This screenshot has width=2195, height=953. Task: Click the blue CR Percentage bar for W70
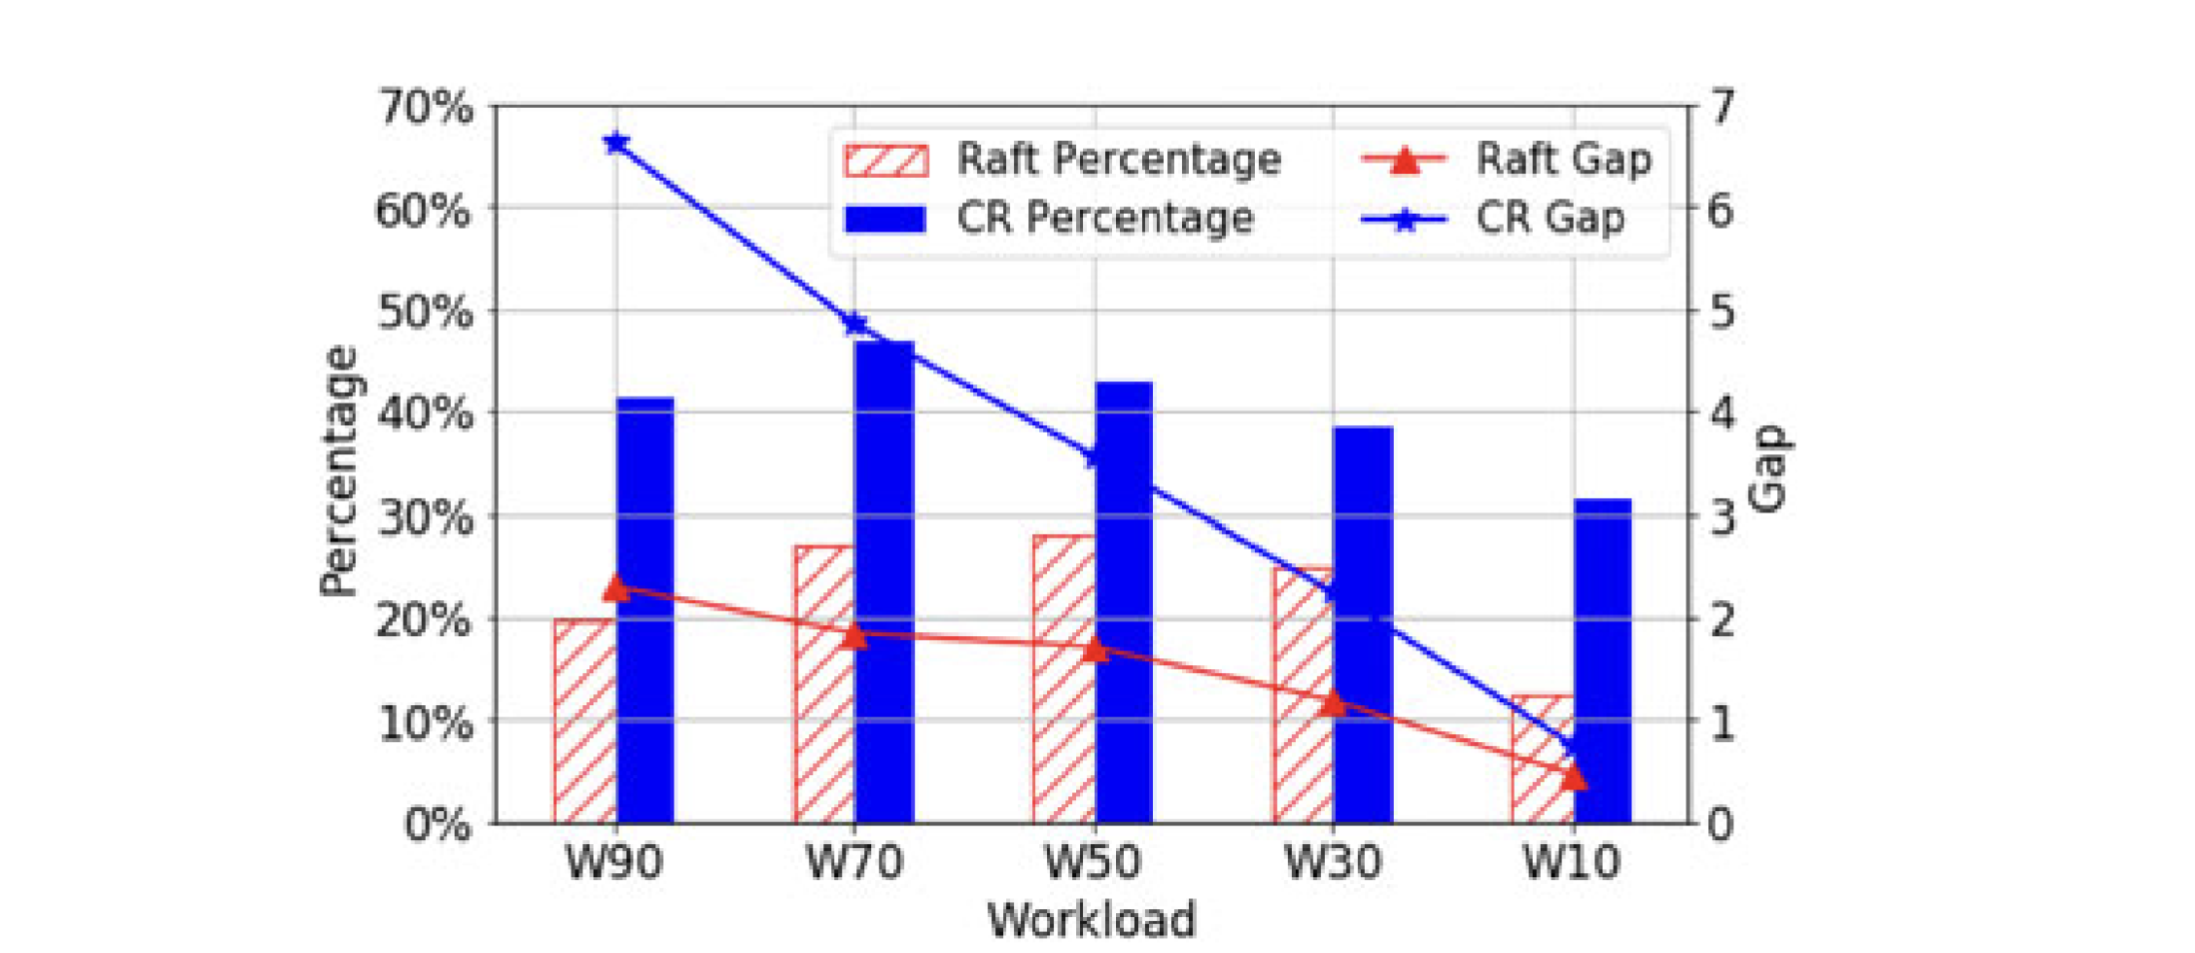(884, 583)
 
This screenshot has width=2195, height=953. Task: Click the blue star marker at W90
(615, 144)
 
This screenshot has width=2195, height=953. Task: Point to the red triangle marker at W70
(854, 636)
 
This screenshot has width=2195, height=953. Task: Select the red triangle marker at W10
(1574, 777)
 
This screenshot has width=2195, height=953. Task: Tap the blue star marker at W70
(855, 324)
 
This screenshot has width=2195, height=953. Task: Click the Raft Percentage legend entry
(1062, 159)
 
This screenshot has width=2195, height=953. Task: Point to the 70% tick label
(426, 107)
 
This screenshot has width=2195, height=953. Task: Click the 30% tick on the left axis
(426, 516)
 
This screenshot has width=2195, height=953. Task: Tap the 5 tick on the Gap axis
(1721, 311)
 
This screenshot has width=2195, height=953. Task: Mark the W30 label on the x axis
(1333, 863)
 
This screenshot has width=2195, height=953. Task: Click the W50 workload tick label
(1093, 863)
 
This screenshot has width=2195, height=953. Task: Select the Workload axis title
(1092, 920)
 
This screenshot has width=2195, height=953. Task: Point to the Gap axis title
(1769, 468)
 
